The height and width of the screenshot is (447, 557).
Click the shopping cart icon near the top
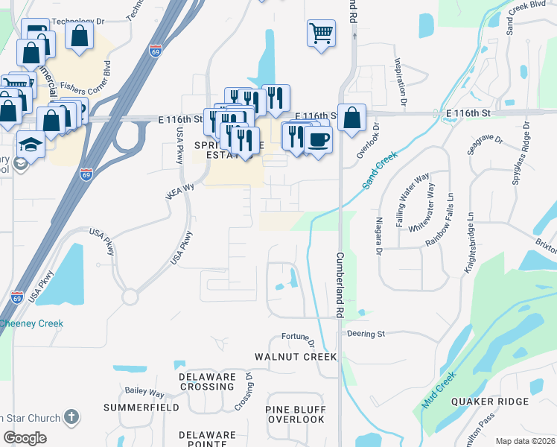click(320, 32)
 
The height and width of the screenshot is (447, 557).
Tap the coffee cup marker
click(318, 139)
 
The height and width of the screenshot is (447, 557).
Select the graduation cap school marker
click(31, 143)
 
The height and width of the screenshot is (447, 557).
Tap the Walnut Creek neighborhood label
click(296, 357)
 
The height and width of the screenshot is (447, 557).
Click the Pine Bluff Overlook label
click(296, 414)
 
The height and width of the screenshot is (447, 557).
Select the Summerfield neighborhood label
click(141, 408)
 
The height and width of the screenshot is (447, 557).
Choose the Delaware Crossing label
click(207, 381)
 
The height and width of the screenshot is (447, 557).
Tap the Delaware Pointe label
click(207, 439)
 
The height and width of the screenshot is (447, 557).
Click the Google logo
click(25, 438)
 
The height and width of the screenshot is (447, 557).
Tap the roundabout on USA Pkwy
click(130, 297)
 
